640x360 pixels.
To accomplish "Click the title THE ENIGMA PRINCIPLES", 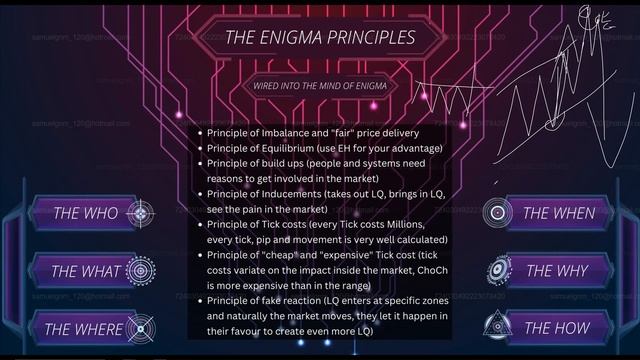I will pyautogui.click(x=319, y=39).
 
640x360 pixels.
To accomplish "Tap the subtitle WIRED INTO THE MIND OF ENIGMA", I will pyautogui.click(x=320, y=86).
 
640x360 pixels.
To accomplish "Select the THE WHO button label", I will pyautogui.click(x=85, y=213).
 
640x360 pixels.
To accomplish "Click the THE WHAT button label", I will pyautogui.click(x=85, y=271).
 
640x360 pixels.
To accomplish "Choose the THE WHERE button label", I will pyautogui.click(x=84, y=328).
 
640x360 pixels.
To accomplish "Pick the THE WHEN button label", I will pyautogui.click(x=559, y=213).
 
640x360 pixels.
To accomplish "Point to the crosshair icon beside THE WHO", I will pyautogui.click(x=141, y=213).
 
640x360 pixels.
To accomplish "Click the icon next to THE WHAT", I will pyautogui.click(x=141, y=271).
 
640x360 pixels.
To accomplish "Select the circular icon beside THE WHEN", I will pyautogui.click(x=498, y=213).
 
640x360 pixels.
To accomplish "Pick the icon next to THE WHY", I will pyautogui.click(x=498, y=271).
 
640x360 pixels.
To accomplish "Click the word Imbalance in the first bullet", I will pyautogui.click(x=293, y=132).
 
